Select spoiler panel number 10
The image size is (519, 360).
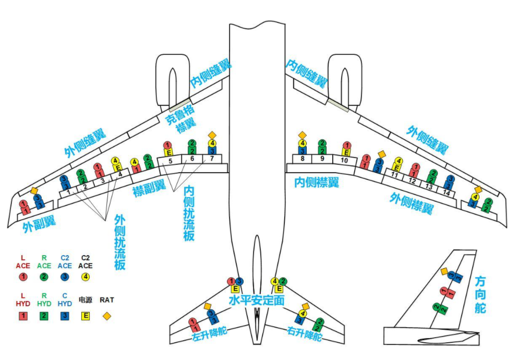pyautogui.click(x=344, y=160)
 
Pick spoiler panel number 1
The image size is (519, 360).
pyautogui.click(x=68, y=191)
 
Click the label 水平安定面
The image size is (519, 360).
pyautogui.click(x=257, y=301)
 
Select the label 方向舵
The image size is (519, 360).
pyautogui.click(x=480, y=295)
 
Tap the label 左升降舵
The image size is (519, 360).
pyautogui.click(x=211, y=334)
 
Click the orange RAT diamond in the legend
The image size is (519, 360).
pyautogui.click(x=106, y=316)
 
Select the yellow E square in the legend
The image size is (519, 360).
pyautogui.click(x=86, y=316)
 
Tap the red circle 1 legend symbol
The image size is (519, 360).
pyautogui.click(x=23, y=277)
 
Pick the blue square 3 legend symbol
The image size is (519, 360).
pyautogui.click(x=65, y=316)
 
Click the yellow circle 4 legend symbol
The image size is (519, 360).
pyautogui.click(x=86, y=277)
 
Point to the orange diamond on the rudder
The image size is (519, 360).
pyautogui.click(x=444, y=271)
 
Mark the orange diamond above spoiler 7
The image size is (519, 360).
pyautogui.click(x=211, y=135)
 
